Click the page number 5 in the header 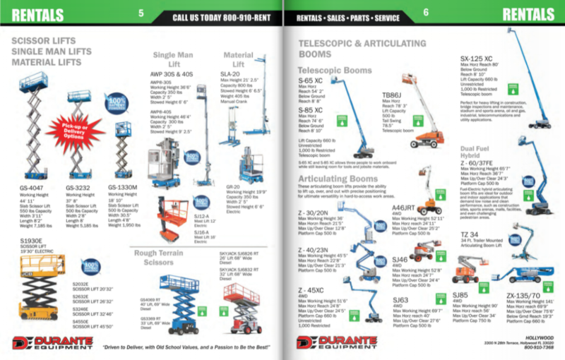(141, 13)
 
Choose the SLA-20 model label (230, 73)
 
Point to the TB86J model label (393, 94)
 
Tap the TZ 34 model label (469, 234)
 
